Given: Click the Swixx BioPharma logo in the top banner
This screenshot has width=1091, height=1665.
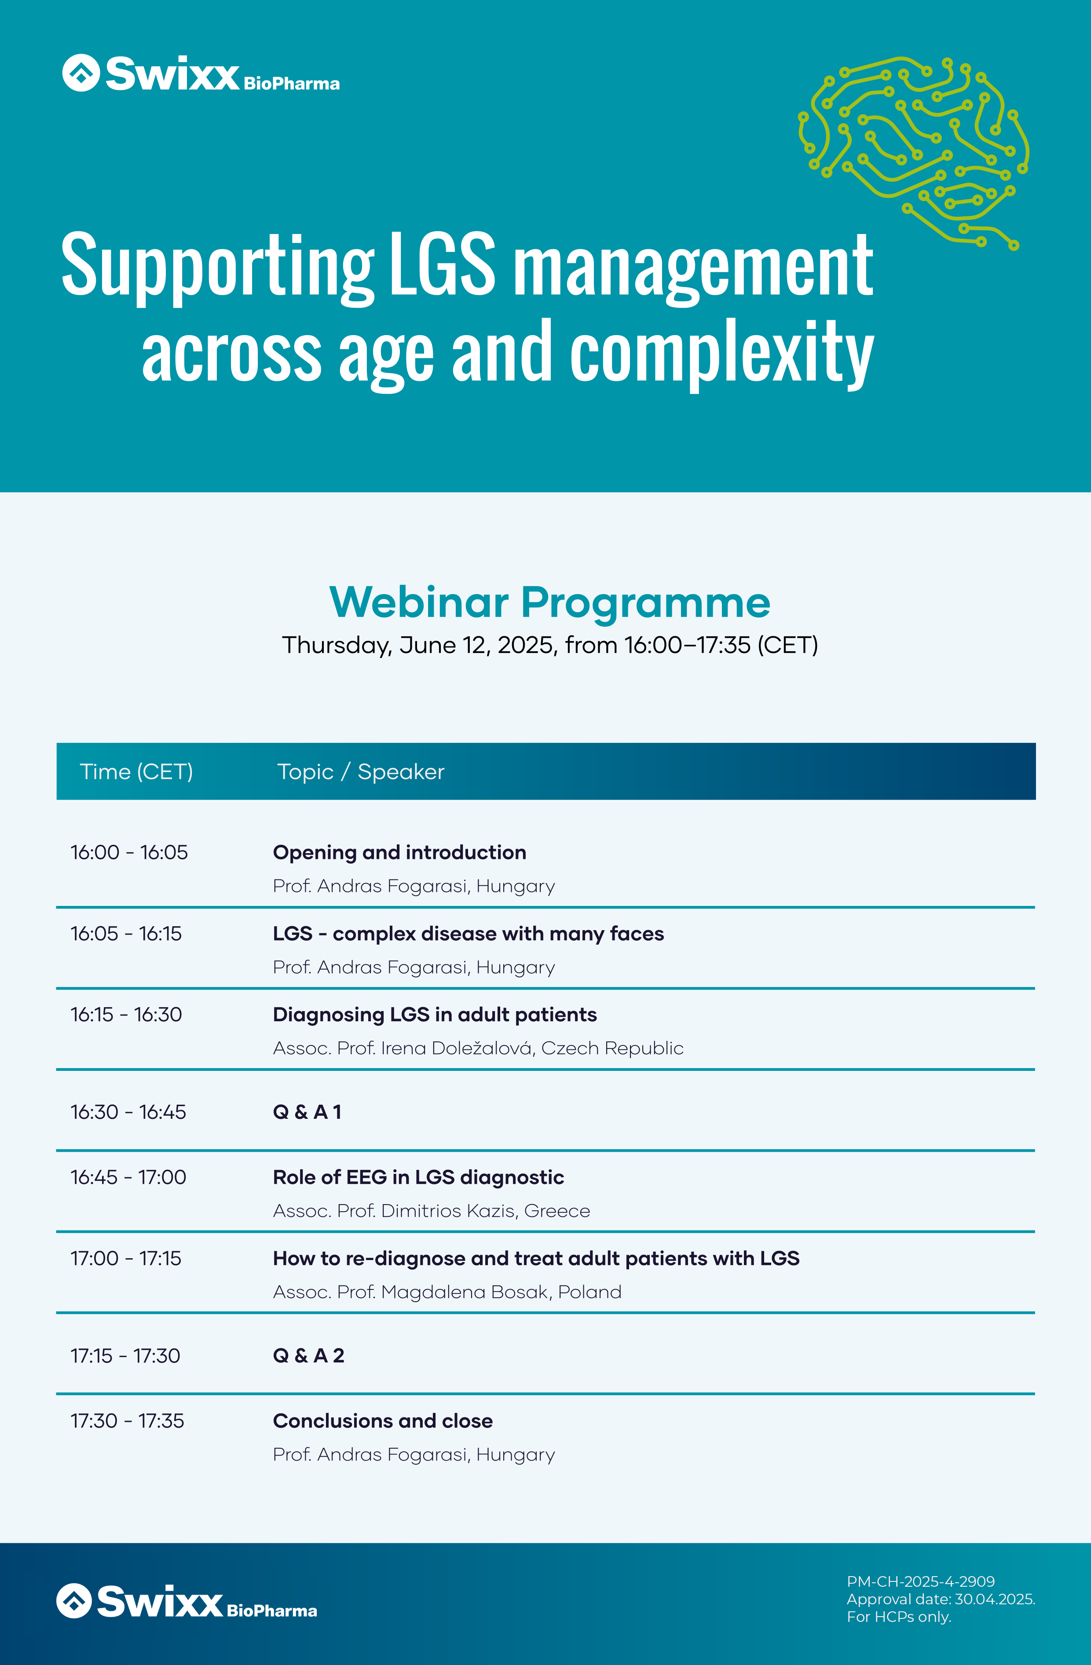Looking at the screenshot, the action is click(x=201, y=73).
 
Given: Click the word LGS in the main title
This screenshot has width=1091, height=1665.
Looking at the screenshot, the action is click(x=442, y=264).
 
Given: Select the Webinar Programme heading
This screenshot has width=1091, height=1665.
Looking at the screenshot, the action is click(x=549, y=602).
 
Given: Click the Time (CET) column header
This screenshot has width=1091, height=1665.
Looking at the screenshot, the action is click(x=136, y=772).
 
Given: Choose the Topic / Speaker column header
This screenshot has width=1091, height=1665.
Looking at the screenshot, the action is click(x=360, y=772).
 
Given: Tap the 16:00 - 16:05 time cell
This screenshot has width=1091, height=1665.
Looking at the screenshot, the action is click(x=129, y=852).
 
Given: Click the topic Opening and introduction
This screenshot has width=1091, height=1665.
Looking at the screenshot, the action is click(x=399, y=853).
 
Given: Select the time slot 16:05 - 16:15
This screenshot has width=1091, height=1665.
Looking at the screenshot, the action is click(x=126, y=933).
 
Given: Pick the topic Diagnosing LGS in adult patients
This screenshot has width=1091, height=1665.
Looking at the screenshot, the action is click(x=435, y=1015).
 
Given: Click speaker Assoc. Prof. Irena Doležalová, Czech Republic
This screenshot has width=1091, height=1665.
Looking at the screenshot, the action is click(x=478, y=1048).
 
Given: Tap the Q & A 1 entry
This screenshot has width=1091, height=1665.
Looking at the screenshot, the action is click(x=307, y=1112).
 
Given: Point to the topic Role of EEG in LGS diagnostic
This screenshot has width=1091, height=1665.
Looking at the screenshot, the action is click(x=418, y=1177).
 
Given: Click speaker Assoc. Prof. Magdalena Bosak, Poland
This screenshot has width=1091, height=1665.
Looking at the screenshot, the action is click(x=447, y=1292).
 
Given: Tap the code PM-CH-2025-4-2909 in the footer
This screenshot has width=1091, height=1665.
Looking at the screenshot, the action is click(x=921, y=1581).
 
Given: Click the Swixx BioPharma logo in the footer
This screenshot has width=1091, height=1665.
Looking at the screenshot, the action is click(x=187, y=1601).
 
